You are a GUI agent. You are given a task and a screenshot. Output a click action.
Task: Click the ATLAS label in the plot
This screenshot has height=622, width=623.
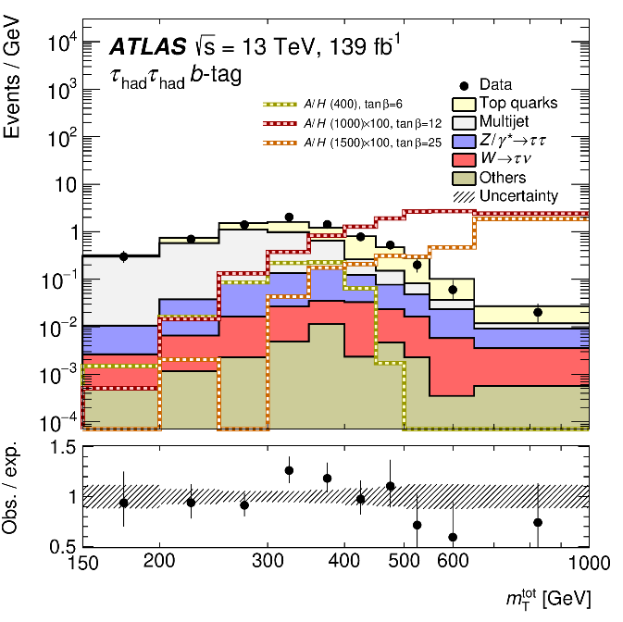(140, 47)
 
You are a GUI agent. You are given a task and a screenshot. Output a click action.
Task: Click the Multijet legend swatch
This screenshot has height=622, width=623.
(462, 122)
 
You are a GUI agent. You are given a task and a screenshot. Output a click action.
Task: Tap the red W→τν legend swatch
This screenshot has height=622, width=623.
(462, 159)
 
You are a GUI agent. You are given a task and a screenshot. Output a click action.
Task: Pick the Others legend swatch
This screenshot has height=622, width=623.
(462, 178)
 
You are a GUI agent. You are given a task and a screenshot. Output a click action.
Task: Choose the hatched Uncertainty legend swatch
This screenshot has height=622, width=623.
(462, 195)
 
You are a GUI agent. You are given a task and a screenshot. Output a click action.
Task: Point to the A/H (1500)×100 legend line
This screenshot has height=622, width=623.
(279, 142)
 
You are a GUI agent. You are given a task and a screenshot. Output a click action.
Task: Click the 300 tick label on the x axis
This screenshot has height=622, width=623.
(268, 561)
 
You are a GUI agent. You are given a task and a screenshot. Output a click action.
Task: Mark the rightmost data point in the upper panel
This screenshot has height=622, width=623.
(538, 312)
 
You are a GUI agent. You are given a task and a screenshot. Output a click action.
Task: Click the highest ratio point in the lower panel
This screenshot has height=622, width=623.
(289, 470)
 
